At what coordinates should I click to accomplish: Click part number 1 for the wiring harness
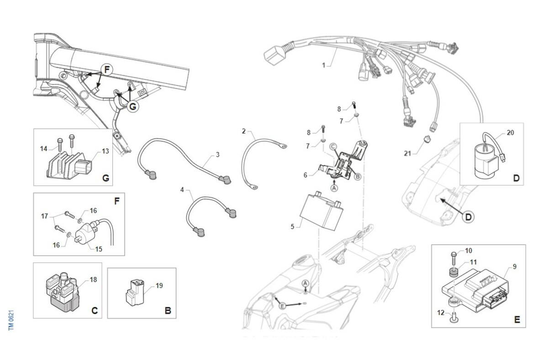click(x=323, y=65)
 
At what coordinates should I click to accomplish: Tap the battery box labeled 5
click(x=320, y=211)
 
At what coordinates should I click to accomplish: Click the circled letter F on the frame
click(x=106, y=70)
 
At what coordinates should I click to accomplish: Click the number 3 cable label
click(x=217, y=155)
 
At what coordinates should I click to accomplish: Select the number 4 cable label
click(x=183, y=189)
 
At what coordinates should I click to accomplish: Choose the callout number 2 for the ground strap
click(x=244, y=132)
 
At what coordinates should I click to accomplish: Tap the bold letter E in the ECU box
click(x=516, y=320)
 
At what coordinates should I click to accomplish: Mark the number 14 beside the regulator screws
click(x=43, y=148)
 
